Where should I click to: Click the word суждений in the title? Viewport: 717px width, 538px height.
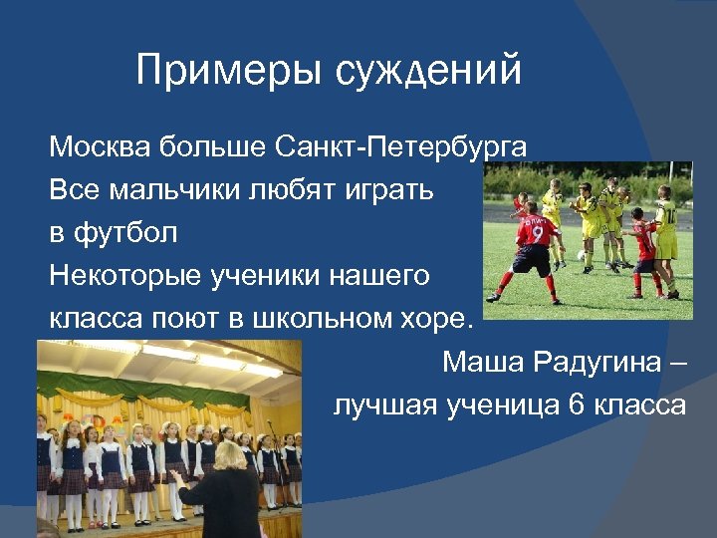[429, 71]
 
